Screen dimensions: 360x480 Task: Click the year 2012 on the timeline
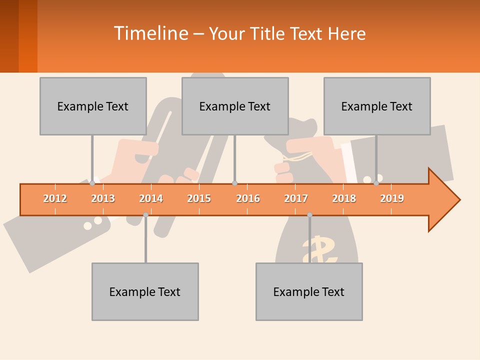tap(55, 198)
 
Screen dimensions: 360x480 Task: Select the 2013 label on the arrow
tap(103, 198)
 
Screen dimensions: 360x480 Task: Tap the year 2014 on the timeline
tap(151, 198)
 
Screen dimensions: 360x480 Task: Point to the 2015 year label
tap(199, 198)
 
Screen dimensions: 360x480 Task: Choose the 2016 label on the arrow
tap(248, 198)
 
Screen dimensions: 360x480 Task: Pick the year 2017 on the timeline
tap(296, 198)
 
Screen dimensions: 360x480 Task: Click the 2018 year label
tap(344, 198)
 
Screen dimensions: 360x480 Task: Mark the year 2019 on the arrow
tap(392, 198)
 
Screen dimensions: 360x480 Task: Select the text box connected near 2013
tap(93, 106)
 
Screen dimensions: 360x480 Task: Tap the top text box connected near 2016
tap(235, 106)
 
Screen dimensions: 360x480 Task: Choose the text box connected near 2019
tap(377, 106)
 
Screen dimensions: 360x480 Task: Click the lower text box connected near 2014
tap(145, 291)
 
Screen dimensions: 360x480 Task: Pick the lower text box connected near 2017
tap(309, 291)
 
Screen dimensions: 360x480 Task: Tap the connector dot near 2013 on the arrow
tap(92, 183)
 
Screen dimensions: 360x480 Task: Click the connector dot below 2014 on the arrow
tap(145, 214)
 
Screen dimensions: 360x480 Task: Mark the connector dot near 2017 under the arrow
tap(309, 214)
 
